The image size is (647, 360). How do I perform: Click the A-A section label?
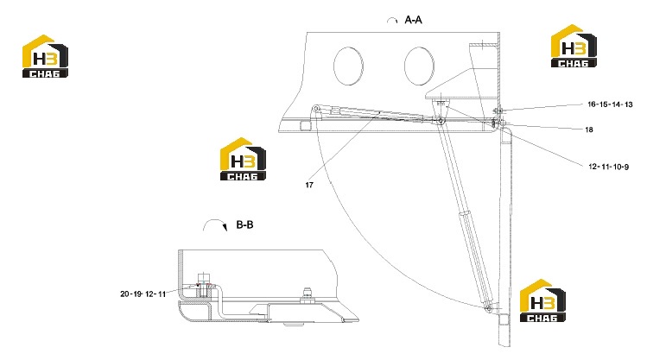pyautogui.click(x=413, y=20)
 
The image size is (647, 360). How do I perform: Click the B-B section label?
pyautogui.click(x=244, y=224)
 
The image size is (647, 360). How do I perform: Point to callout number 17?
pyautogui.click(x=309, y=185)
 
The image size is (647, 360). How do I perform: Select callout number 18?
pyautogui.click(x=589, y=129)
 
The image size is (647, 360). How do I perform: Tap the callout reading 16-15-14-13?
pyautogui.click(x=610, y=104)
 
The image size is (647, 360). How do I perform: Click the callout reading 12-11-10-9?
pyautogui.click(x=609, y=167)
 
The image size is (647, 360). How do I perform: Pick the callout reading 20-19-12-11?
pyautogui.click(x=143, y=294)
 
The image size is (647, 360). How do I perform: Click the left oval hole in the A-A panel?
pyautogui.click(x=348, y=66)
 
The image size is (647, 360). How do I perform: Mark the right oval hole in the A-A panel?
pyautogui.click(x=419, y=66)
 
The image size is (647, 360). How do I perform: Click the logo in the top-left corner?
pyautogui.click(x=45, y=56)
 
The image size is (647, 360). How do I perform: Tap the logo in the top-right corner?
pyautogui.click(x=574, y=46)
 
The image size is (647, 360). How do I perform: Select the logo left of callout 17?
pyautogui.click(x=243, y=159)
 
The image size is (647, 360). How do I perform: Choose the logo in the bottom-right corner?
pyautogui.click(x=542, y=300)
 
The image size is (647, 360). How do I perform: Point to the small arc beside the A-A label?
pyautogui.click(x=392, y=18)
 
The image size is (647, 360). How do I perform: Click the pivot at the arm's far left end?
pyautogui.click(x=316, y=109)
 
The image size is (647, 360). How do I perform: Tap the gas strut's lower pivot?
pyautogui.click(x=489, y=308)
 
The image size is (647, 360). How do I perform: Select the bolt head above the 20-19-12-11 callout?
pyautogui.click(x=204, y=277)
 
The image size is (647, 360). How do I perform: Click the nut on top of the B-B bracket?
pyautogui.click(x=307, y=295)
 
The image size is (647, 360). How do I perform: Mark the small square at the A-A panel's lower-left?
pyautogui.click(x=305, y=126)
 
